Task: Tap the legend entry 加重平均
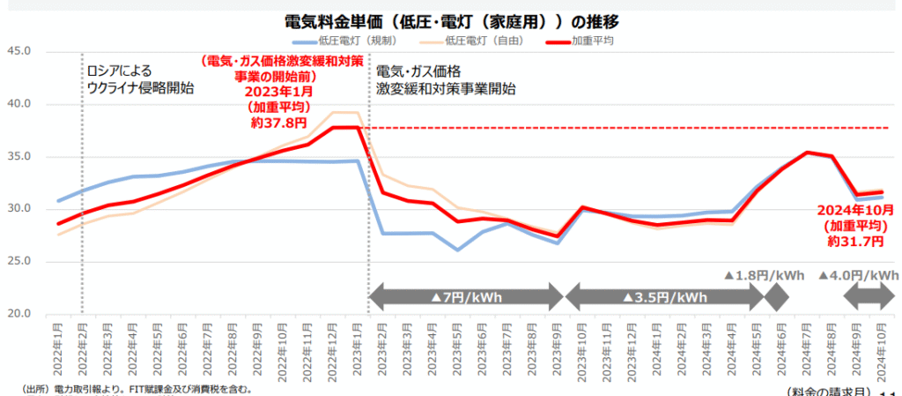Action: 592,40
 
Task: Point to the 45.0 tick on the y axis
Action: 18,51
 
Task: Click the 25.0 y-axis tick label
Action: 18,261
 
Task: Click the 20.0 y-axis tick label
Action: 18,314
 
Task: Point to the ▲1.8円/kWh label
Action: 764,275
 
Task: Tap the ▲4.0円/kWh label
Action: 858,275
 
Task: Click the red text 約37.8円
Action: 281,123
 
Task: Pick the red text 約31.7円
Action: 854,241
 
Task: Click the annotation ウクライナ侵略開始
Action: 140,88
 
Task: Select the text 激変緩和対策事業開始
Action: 446,88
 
